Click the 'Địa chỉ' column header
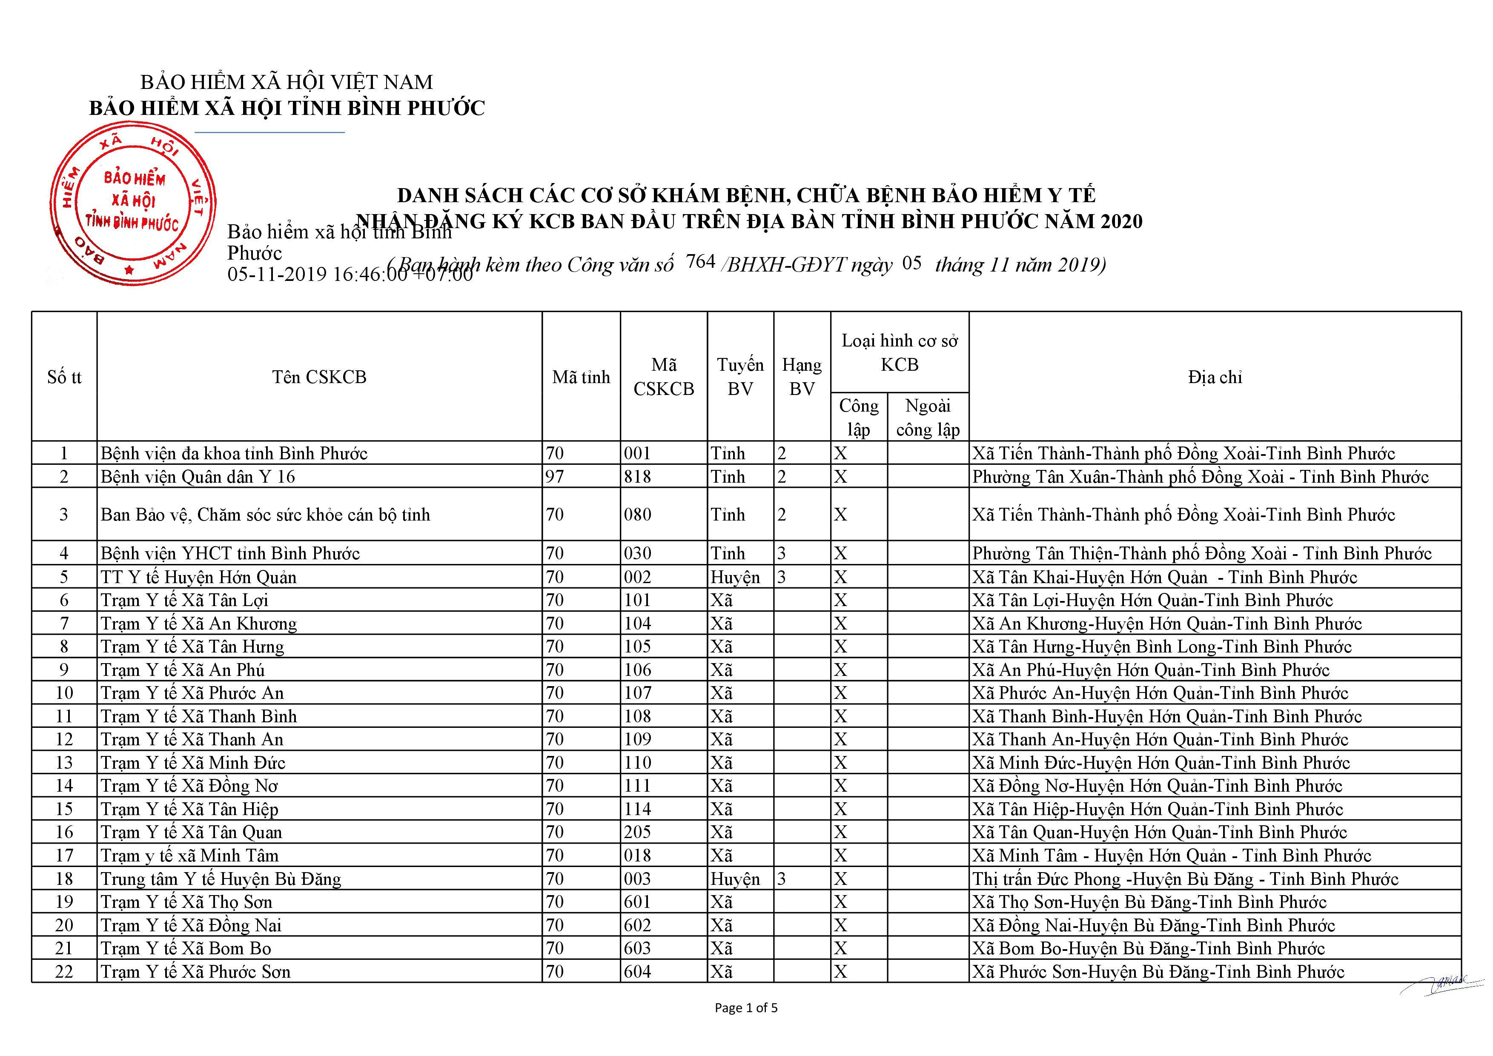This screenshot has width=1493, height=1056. pyautogui.click(x=1214, y=377)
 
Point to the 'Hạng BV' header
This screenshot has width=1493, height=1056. pyautogui.click(x=801, y=377)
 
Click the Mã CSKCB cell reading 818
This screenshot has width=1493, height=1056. pyautogui.click(x=637, y=477)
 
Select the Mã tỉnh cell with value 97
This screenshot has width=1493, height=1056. pyautogui.click(x=555, y=477)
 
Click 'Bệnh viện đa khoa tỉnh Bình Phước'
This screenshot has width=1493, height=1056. pyautogui.click(x=234, y=453)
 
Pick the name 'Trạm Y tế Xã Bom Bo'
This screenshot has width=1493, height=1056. pyautogui.click(x=186, y=948)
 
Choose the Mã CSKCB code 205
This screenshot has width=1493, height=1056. pyautogui.click(x=637, y=832)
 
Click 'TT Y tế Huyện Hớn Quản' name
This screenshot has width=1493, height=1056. pyautogui.click(x=198, y=577)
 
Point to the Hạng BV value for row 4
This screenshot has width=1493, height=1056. pyautogui.click(x=782, y=553)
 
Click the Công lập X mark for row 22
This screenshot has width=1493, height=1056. pyautogui.click(x=841, y=971)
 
